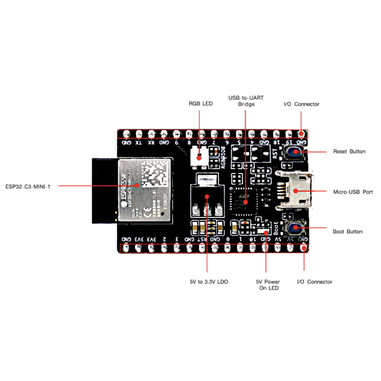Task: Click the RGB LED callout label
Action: (x=201, y=104)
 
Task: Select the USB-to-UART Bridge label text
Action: (x=246, y=101)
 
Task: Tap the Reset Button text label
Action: (x=349, y=151)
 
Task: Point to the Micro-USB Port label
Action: (x=353, y=192)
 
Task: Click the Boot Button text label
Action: (x=347, y=231)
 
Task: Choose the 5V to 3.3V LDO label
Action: (x=209, y=282)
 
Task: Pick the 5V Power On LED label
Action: (x=268, y=285)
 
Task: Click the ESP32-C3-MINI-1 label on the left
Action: (x=28, y=187)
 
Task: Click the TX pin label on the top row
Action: (x=138, y=142)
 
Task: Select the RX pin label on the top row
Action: (x=151, y=142)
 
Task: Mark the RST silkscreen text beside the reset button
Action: (x=275, y=153)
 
